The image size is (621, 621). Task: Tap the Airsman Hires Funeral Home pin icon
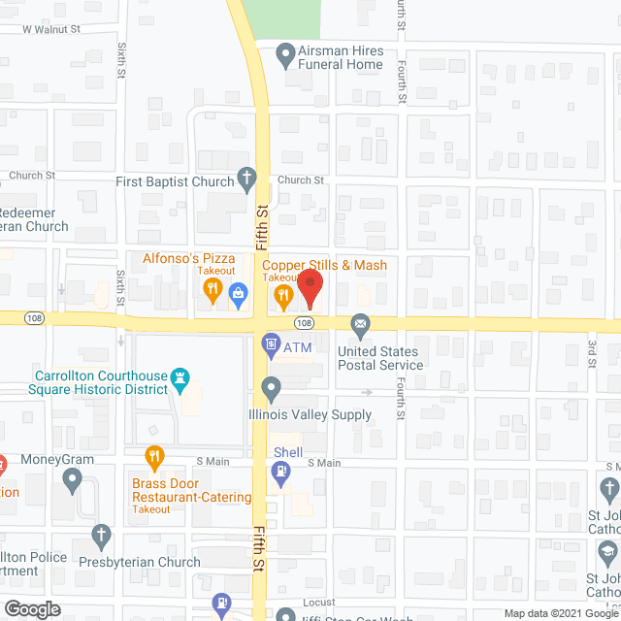(x=285, y=55)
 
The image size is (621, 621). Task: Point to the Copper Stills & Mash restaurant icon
(x=283, y=294)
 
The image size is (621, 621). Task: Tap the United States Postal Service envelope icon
(x=361, y=323)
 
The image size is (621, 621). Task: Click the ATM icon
(x=271, y=343)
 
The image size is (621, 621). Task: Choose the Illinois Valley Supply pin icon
(x=272, y=390)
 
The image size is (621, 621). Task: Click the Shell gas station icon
(x=281, y=473)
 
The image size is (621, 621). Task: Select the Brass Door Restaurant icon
(x=153, y=455)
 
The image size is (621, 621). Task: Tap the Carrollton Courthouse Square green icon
(x=179, y=376)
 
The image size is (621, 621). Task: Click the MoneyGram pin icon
(x=72, y=477)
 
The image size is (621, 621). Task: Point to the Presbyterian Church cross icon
(x=101, y=535)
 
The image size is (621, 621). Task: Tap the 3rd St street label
(x=591, y=353)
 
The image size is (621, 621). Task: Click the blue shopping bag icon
(x=238, y=294)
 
